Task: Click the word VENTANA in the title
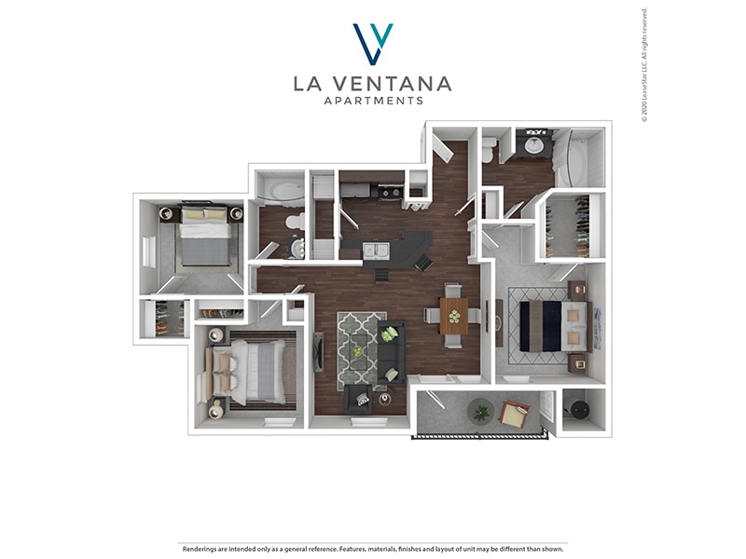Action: point(392,84)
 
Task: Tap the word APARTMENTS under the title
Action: point(373,101)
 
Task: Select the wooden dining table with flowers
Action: point(454,315)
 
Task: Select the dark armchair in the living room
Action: point(359,400)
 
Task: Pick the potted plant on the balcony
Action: point(481,410)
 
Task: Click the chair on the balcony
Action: point(514,415)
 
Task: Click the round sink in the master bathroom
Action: point(535,145)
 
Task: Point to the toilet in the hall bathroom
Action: point(293,223)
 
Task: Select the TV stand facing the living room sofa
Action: point(318,351)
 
